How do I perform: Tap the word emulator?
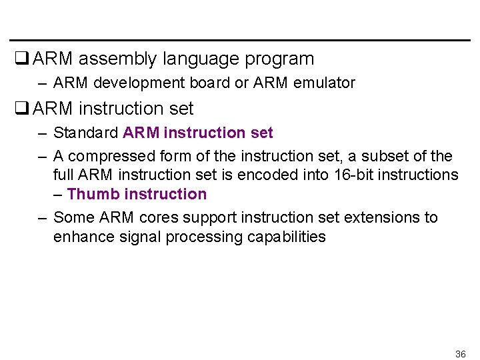coord(324,83)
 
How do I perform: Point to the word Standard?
coord(85,133)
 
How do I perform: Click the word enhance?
coord(79,237)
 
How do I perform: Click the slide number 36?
coord(460,353)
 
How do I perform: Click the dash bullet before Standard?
coord(42,133)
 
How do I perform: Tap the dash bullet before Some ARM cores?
coord(42,217)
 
